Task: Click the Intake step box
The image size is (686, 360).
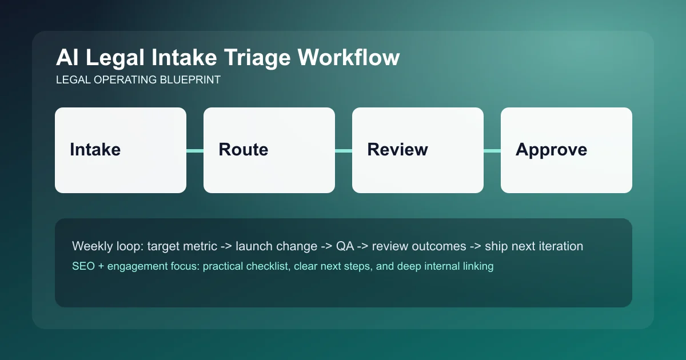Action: pyautogui.click(x=121, y=150)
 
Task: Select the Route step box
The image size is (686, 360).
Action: pyautogui.click(x=269, y=150)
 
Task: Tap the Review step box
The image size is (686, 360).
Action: pyautogui.click(x=418, y=150)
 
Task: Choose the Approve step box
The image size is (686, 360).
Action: pyautogui.click(x=567, y=150)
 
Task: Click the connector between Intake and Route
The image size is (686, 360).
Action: pyautogui.click(x=195, y=150)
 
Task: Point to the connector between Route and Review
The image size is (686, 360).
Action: pyautogui.click(x=344, y=150)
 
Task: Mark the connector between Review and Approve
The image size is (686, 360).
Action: pyautogui.click(x=492, y=150)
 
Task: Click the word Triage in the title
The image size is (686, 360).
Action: pyautogui.click(x=256, y=58)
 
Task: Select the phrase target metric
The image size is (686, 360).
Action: pyautogui.click(x=182, y=246)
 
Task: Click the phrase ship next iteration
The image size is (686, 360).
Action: pyautogui.click(x=534, y=246)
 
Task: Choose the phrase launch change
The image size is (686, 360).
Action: pyautogui.click(x=276, y=246)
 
